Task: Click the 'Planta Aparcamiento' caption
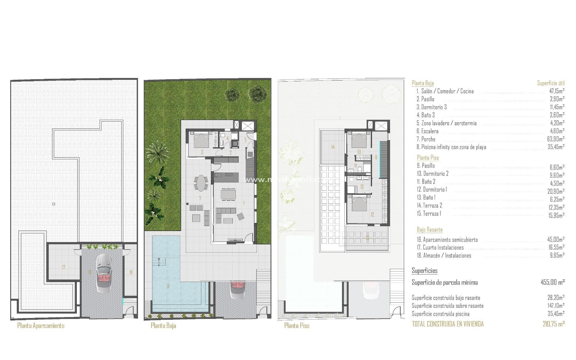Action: (x=41, y=325)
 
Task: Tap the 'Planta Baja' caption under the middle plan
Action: (x=163, y=325)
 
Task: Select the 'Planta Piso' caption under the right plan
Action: (x=297, y=325)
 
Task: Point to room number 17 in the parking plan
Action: (x=64, y=267)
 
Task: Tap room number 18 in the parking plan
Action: (x=131, y=272)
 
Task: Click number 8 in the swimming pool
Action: (x=168, y=286)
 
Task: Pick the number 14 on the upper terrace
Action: (x=333, y=147)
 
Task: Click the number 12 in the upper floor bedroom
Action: (x=372, y=214)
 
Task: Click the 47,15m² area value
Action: (x=557, y=91)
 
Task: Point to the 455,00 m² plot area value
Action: (x=553, y=282)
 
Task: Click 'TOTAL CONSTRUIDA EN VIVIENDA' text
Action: (x=448, y=324)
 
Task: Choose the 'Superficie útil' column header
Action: (x=551, y=83)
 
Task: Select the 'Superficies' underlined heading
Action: (x=424, y=271)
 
